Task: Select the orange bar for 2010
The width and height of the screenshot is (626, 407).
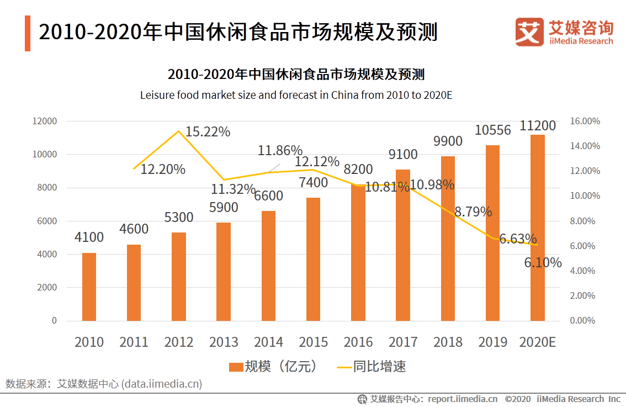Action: click(89, 287)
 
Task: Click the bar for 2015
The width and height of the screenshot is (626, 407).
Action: click(313, 259)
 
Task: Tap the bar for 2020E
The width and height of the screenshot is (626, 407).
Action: click(537, 228)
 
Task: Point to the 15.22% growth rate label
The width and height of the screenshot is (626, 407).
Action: click(208, 132)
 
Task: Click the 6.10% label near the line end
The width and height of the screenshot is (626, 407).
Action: click(543, 263)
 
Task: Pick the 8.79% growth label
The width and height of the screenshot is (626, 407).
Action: click(473, 212)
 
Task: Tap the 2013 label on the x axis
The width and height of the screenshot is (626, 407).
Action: click(224, 342)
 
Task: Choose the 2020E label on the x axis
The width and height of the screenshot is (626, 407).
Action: click(537, 342)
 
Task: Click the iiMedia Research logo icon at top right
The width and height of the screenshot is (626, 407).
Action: click(529, 32)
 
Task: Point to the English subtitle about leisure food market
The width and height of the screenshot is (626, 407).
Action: click(296, 95)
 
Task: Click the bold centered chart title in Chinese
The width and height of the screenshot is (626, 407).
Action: click(296, 75)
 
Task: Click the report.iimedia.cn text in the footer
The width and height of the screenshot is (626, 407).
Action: click(463, 399)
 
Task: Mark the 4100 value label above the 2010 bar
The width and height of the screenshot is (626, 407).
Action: click(89, 237)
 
